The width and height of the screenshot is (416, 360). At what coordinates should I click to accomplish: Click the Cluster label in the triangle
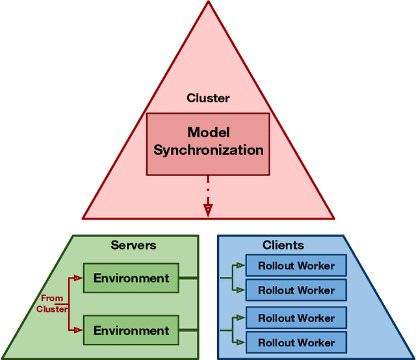pyautogui.click(x=208, y=99)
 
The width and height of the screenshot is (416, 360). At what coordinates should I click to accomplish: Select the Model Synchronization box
pyautogui.click(x=208, y=144)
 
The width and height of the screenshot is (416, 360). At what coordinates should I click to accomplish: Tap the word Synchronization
pyautogui.click(x=208, y=151)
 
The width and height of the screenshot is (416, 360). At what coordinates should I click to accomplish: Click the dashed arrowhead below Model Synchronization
pyautogui.click(x=208, y=209)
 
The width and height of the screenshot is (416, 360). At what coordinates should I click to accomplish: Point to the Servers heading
pyautogui.click(x=133, y=245)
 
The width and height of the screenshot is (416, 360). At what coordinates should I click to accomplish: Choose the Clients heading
pyautogui.click(x=283, y=245)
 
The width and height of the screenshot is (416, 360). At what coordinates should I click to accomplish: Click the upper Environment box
pyautogui.click(x=131, y=278)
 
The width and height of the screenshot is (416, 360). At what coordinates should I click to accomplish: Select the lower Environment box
pyautogui.click(x=131, y=331)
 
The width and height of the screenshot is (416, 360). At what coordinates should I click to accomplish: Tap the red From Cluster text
pyautogui.click(x=52, y=303)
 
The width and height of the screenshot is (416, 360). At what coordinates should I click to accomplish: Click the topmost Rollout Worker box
pyautogui.click(x=296, y=266)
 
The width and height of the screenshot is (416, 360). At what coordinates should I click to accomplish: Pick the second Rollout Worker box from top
pyautogui.click(x=296, y=290)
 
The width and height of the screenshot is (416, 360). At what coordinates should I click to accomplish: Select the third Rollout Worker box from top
pyautogui.click(x=296, y=318)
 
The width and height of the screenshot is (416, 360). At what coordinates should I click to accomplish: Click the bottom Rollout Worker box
pyautogui.click(x=296, y=342)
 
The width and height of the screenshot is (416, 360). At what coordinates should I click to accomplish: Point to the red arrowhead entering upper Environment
pyautogui.click(x=78, y=278)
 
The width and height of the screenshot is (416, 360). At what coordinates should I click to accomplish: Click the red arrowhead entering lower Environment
pyautogui.click(x=78, y=331)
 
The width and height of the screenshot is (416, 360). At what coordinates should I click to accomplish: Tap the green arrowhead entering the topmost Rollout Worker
pyautogui.click(x=240, y=266)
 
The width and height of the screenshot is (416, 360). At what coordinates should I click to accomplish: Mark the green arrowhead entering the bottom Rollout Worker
pyautogui.click(x=240, y=342)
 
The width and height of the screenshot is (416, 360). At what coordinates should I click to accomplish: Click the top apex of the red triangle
pyautogui.click(x=208, y=3)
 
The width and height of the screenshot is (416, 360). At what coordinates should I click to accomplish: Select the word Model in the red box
pyautogui.click(x=208, y=133)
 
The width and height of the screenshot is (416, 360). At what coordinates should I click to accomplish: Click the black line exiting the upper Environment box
pyautogui.click(x=188, y=278)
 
